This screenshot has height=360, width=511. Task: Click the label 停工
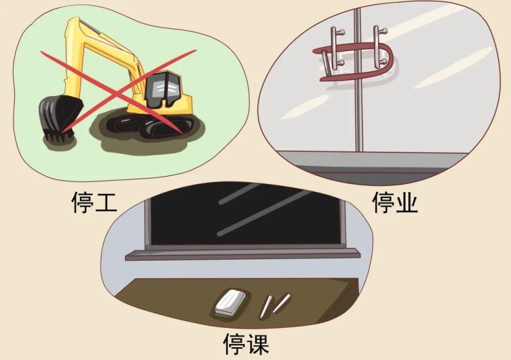click(x=94, y=202)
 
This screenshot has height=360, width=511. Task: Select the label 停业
click(x=395, y=202)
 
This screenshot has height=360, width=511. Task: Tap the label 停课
click(x=246, y=343)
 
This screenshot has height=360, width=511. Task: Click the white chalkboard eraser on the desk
click(x=231, y=302)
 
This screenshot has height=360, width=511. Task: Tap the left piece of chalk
click(x=266, y=306)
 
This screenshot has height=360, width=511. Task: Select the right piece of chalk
click(x=281, y=304)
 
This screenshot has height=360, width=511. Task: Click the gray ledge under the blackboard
click(x=243, y=254)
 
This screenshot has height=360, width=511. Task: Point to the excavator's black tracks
click(x=150, y=126)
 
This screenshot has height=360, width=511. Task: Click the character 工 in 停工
click(x=105, y=203)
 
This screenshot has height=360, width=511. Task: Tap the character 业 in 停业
click(x=406, y=203)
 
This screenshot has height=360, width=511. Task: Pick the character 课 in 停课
click(x=258, y=343)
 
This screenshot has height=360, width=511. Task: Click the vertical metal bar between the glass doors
click(x=358, y=79)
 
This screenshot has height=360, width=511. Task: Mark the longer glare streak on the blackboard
click(x=264, y=213)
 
